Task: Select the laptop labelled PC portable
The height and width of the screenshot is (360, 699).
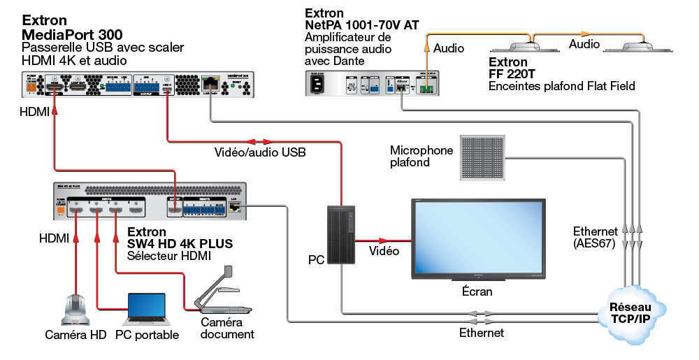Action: pos(146,310)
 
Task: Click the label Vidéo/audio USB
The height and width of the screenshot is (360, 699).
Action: pos(259,152)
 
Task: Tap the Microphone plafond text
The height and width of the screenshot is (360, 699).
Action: pos(421,156)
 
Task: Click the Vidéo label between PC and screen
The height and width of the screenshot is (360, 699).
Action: pos(384,251)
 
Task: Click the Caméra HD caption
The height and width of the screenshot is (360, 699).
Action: pos(75,335)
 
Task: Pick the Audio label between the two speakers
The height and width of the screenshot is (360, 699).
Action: pos(584,44)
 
